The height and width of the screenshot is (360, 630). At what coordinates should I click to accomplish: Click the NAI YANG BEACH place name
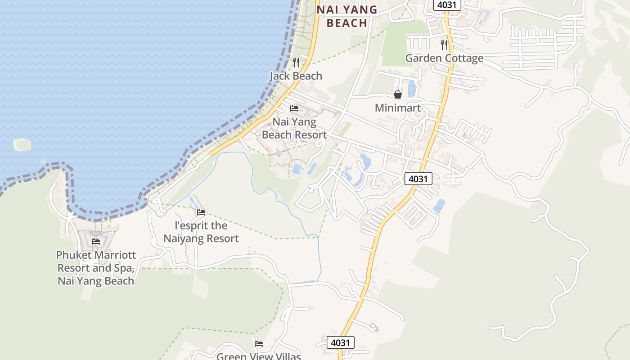pos(346,16)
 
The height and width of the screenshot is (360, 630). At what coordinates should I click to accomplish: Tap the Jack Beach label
pos(296,76)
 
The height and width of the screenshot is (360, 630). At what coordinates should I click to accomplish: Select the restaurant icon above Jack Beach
pos(296,62)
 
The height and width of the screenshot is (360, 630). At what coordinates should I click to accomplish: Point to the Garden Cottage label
pos(444,58)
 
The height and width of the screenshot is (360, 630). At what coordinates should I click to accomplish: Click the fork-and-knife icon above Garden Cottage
pos(444,45)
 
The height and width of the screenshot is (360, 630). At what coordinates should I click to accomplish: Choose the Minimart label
pos(398,108)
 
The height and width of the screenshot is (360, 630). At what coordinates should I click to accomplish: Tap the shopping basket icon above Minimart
pos(398,94)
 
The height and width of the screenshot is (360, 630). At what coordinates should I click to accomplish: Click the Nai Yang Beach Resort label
pos(294,128)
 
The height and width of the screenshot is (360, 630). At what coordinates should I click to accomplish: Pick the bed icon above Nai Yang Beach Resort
pos(294,108)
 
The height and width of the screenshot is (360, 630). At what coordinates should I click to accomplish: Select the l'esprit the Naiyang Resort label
pos(201,232)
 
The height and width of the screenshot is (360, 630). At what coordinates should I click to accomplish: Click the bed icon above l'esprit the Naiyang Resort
pos(201,212)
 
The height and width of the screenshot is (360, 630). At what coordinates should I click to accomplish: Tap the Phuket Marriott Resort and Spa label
pos(96,268)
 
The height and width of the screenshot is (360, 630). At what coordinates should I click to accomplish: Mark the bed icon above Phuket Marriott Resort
pos(96,242)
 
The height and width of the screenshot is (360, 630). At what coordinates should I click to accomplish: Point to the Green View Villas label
pos(258,356)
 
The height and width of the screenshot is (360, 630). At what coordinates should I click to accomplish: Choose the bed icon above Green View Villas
pos(259,343)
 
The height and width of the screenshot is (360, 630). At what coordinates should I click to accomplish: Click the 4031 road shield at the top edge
pos(447,5)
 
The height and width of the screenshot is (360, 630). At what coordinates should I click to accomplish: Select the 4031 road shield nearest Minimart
pos(418,179)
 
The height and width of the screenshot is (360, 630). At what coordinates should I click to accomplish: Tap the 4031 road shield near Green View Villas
pos(340,342)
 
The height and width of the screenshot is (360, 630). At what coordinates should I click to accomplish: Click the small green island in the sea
pos(22,144)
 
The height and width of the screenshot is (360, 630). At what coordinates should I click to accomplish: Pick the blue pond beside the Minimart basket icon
pos(411,89)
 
